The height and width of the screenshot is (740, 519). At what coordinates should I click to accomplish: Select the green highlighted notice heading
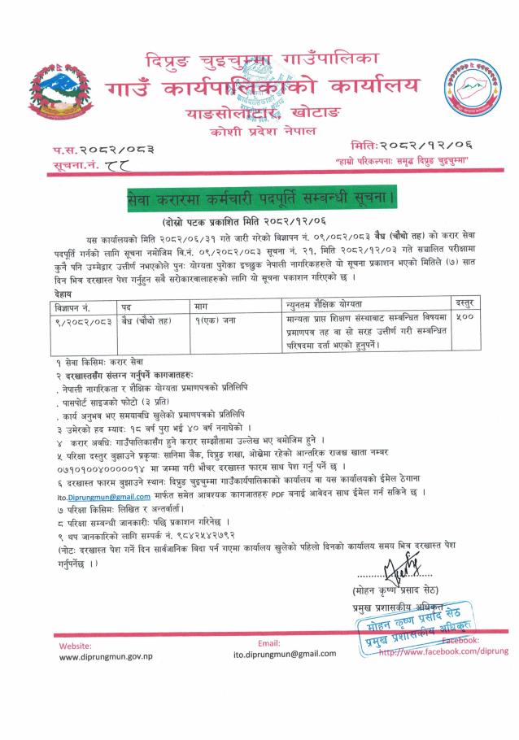pos(260,198)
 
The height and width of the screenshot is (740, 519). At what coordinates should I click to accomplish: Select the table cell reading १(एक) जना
pos(214,319)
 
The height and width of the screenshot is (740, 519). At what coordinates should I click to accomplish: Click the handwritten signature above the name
pos(391,583)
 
